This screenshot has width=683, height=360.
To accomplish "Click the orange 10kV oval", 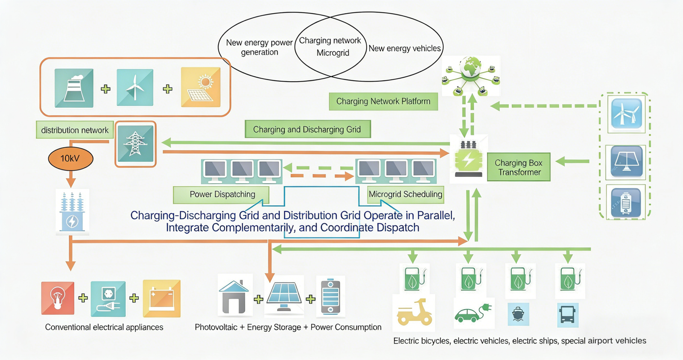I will [x=70, y=158].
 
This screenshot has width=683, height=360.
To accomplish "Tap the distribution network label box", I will [x=75, y=130].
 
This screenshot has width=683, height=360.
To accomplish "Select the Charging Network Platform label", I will [x=383, y=102].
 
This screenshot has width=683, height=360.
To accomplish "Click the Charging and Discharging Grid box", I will [x=307, y=129].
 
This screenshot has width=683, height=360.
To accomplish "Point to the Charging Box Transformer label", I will [x=518, y=167].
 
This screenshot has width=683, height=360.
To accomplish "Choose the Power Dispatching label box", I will [x=222, y=194].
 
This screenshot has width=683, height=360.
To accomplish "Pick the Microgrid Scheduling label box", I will [x=405, y=194].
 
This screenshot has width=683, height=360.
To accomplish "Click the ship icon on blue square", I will [x=518, y=314].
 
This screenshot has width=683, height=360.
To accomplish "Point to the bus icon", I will [x=567, y=315].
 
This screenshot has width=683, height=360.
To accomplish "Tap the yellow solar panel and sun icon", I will [x=201, y=87].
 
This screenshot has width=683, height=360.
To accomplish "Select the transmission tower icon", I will [x=135, y=144].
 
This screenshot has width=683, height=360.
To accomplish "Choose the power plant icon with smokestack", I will [x=74, y=88].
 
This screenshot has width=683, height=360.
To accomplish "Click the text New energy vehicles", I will [x=404, y=49].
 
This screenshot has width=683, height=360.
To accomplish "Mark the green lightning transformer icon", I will [x=468, y=159].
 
